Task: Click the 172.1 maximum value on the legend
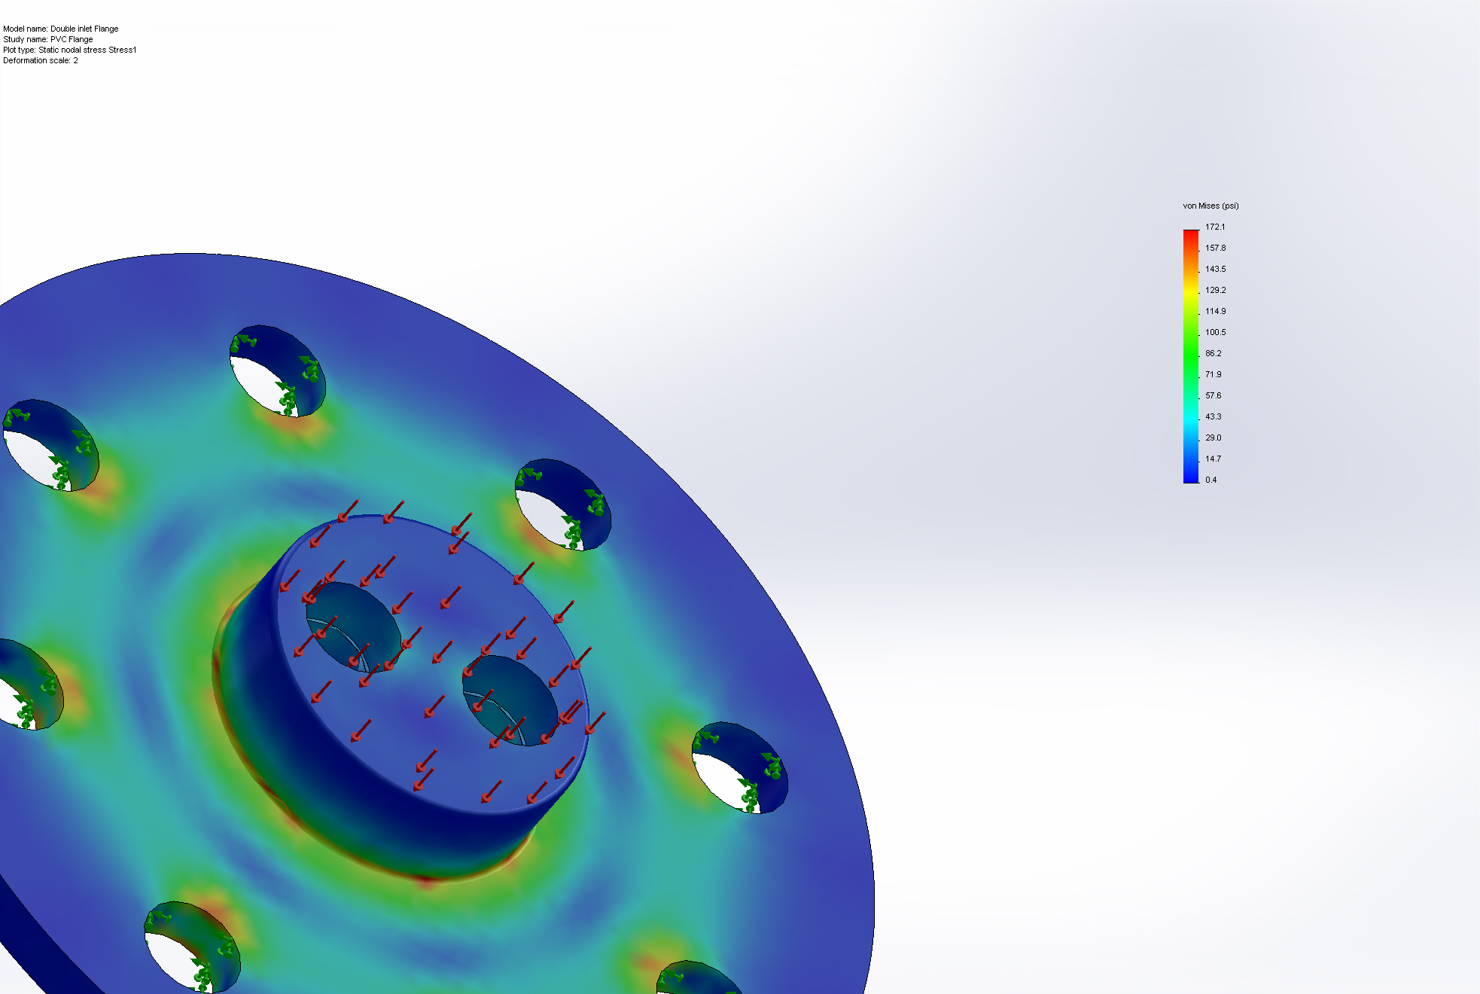pyautogui.click(x=1215, y=227)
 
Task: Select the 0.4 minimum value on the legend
pyautogui.click(x=1210, y=480)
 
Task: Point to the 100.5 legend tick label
pyautogui.click(x=1215, y=332)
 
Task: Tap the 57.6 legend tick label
pyautogui.click(x=1213, y=395)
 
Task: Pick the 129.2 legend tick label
pyautogui.click(x=1215, y=290)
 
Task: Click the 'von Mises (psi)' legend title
pyautogui.click(x=1210, y=206)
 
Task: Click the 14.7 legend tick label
pyautogui.click(x=1213, y=459)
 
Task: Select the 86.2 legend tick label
pyautogui.click(x=1213, y=353)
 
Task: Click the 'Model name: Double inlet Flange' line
pyautogui.click(x=61, y=29)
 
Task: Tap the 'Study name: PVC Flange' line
pyautogui.click(x=48, y=39)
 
